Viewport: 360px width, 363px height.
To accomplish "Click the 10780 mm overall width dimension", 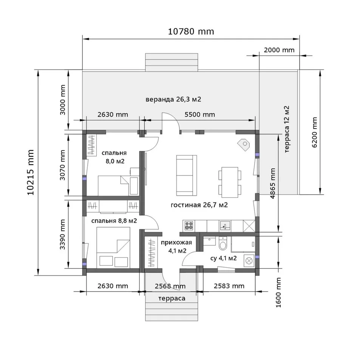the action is pyautogui.click(x=191, y=31).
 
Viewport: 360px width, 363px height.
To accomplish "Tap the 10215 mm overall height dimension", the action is pyautogui.click(x=30, y=172).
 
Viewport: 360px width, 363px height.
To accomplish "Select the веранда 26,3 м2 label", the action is pyautogui.click(x=173, y=99).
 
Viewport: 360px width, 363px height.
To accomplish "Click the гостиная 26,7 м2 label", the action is pyautogui.click(x=199, y=205).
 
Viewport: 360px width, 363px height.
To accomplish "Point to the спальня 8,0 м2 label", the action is pyautogui.click(x=114, y=157).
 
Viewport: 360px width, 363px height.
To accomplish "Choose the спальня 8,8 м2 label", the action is pyautogui.click(x=114, y=221).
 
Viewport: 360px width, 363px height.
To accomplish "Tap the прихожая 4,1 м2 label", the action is pyautogui.click(x=176, y=246).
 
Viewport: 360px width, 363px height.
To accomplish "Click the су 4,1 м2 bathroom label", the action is pyautogui.click(x=223, y=258).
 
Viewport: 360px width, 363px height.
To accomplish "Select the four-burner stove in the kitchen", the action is pyautogui.click(x=189, y=225).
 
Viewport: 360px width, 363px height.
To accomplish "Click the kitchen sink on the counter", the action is pyautogui.click(x=225, y=225).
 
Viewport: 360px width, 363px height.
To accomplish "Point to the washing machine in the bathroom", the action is pyautogui.click(x=249, y=261).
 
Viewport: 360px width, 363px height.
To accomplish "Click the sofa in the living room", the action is pyautogui.click(x=186, y=175).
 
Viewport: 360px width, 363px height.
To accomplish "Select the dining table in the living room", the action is pyautogui.click(x=230, y=182).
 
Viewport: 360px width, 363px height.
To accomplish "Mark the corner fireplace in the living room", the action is pyautogui.click(x=244, y=145).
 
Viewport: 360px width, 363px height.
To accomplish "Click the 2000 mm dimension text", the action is pyautogui.click(x=279, y=50).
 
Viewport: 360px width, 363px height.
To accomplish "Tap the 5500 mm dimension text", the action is pyautogui.click(x=199, y=115).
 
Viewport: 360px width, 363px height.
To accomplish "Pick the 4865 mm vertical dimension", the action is pyautogui.click(x=273, y=183).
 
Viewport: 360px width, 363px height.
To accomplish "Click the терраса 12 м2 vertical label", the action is pyautogui.click(x=287, y=129).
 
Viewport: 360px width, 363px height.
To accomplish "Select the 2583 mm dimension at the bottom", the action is pyautogui.click(x=229, y=286).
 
